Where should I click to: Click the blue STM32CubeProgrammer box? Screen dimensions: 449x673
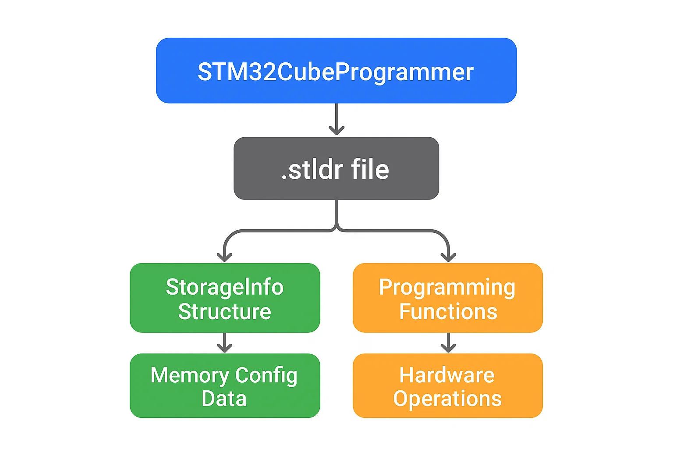click(336, 71)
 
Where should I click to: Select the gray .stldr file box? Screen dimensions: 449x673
click(336, 168)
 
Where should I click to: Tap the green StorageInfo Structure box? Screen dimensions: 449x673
click(225, 298)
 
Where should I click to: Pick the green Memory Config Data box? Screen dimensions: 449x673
click(225, 386)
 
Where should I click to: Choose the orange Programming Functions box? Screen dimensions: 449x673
click(447, 298)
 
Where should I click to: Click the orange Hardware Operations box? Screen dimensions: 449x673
click(447, 386)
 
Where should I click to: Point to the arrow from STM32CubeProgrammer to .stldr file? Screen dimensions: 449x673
click(336, 119)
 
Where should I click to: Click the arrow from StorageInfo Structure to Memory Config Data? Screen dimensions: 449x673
click(225, 342)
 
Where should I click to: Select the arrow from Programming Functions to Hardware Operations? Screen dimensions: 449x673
click(448, 342)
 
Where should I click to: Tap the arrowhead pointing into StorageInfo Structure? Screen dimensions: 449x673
click(225, 257)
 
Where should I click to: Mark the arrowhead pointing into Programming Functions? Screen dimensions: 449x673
click(448, 257)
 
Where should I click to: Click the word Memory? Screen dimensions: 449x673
click(190, 376)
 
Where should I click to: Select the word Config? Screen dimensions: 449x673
click(266, 376)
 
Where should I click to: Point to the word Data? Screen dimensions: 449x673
click(224, 399)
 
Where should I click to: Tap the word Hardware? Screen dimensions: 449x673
click(446, 375)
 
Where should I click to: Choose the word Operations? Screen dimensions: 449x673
click(447, 399)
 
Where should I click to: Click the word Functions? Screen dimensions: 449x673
click(448, 312)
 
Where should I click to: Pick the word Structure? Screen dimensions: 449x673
click(225, 312)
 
